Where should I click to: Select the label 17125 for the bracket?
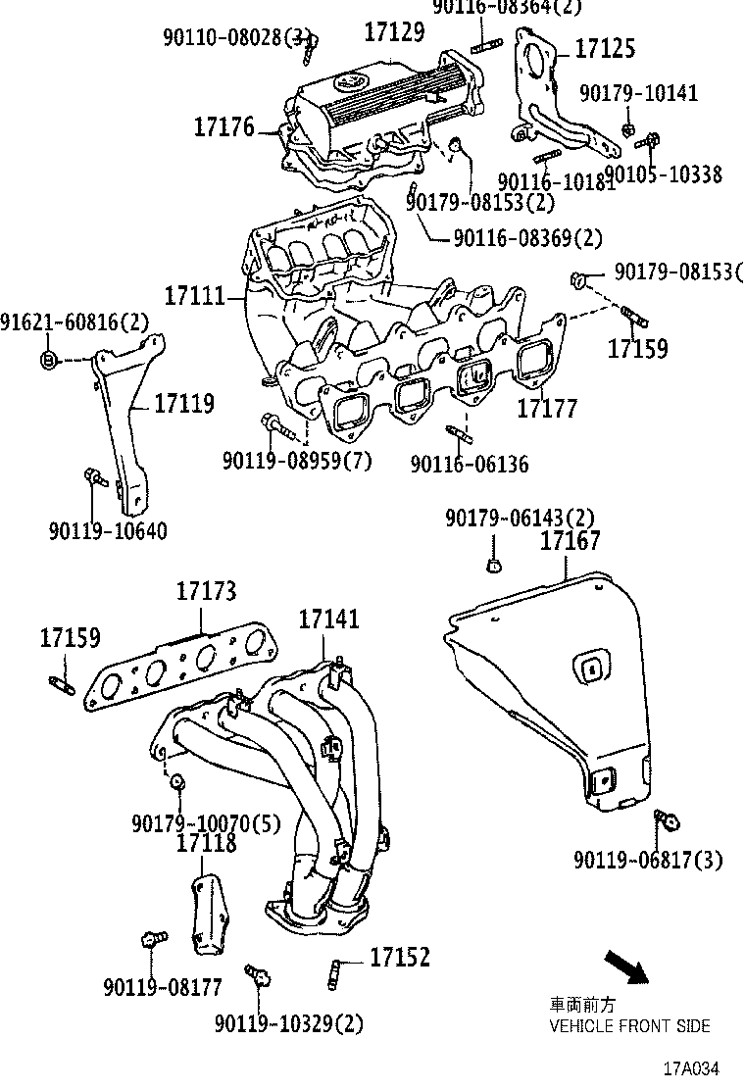pyautogui.click(x=604, y=48)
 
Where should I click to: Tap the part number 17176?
pyautogui.click(x=223, y=126)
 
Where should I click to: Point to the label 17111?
pyautogui.click(x=194, y=294)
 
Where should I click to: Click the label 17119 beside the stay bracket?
pyautogui.click(x=183, y=403)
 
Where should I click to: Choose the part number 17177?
pyautogui.click(x=548, y=408)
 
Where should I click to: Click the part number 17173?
pyautogui.click(x=206, y=591)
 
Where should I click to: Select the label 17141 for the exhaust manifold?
pyautogui.click(x=328, y=619)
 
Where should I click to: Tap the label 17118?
pyautogui.click(x=206, y=842)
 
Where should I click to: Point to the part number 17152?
pyautogui.click(x=400, y=957)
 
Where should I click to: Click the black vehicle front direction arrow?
pyautogui.click(x=625, y=966)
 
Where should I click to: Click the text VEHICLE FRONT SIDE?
pyautogui.click(x=629, y=1025)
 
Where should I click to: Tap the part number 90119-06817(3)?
pyautogui.click(x=648, y=860)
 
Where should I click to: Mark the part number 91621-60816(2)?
pyautogui.click(x=74, y=322)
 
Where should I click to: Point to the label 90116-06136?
pyautogui.click(x=469, y=463)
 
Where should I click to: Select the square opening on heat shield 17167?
pyautogui.click(x=590, y=669)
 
